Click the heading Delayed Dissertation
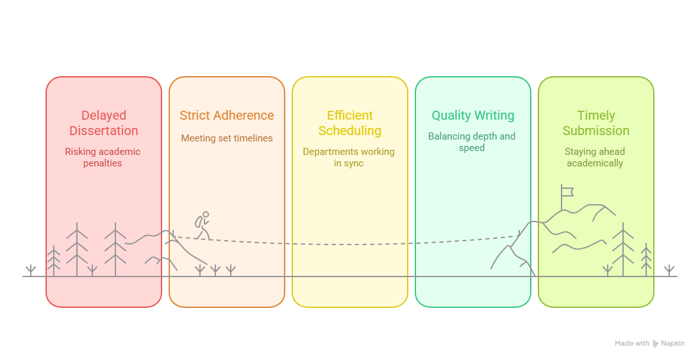tap(104, 123)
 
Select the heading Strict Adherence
tap(227, 115)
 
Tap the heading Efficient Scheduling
tap(350, 123)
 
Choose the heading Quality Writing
tap(473, 116)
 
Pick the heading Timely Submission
tap(596, 123)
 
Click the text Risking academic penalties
tap(103, 157)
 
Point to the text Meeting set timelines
tap(227, 139)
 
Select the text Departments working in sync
tap(349, 157)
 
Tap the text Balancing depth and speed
tap(472, 141)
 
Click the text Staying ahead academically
tap(595, 157)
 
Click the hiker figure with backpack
tap(203, 225)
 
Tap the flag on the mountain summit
tap(567, 192)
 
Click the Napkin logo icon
tap(655, 344)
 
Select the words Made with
tap(632, 344)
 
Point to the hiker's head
tap(206, 214)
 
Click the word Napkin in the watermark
tap(673, 344)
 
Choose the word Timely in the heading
tap(596, 116)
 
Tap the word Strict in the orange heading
tap(195, 115)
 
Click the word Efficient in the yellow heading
tap(350, 115)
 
